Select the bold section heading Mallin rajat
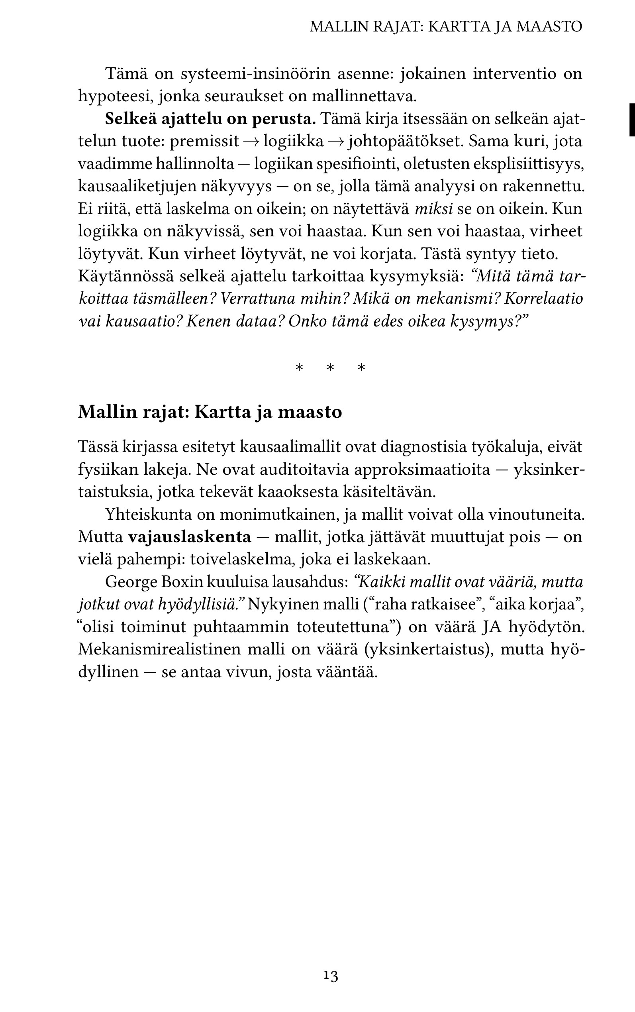click(x=210, y=412)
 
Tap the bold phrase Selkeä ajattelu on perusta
click(x=210, y=119)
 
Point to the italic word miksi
click(x=434, y=209)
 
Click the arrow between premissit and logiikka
click(x=251, y=141)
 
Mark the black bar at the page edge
click(x=632, y=120)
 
